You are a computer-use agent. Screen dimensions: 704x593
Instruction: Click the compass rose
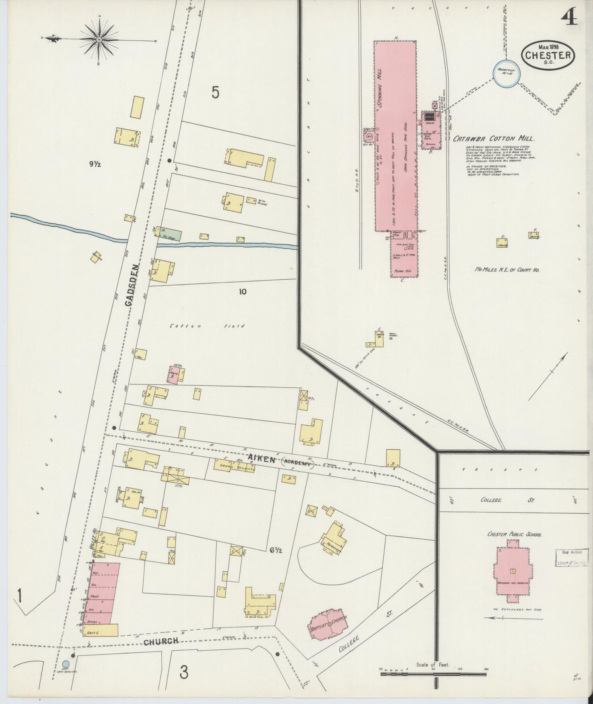coord(99,39)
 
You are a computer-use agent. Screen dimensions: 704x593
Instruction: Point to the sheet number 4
coord(570,17)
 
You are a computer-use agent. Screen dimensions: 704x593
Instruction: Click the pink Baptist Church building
coord(328,626)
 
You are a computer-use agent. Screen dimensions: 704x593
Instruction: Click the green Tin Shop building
coord(169,234)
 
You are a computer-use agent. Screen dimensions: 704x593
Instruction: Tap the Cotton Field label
coord(207,326)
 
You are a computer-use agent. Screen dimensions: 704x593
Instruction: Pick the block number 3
coord(184,672)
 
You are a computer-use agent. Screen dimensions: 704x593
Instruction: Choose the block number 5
coord(215,92)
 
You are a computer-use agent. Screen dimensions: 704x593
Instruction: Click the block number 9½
coord(95,164)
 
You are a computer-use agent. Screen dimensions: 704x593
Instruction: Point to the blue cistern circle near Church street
coord(65,675)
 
